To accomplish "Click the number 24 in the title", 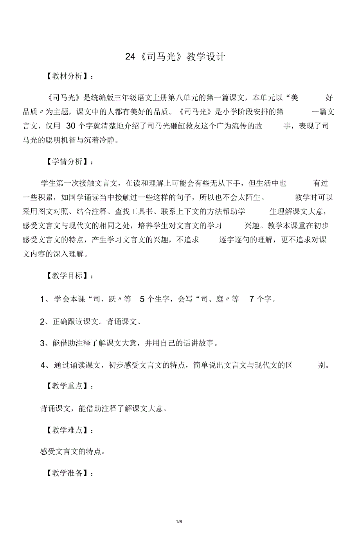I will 130,57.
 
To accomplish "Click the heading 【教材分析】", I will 67,76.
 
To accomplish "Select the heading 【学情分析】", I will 67,162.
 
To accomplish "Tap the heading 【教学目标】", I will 67,276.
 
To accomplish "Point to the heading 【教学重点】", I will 67,386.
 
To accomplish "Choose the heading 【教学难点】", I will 67,430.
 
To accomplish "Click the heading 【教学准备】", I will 67,473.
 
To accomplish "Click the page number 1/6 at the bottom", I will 179,522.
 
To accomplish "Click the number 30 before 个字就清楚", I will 71,126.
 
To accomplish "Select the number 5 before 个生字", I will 142,299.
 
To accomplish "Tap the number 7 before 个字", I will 252,299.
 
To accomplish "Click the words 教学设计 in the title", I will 206,57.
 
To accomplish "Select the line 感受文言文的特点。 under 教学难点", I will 73,452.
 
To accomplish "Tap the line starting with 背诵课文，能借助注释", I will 104,408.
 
